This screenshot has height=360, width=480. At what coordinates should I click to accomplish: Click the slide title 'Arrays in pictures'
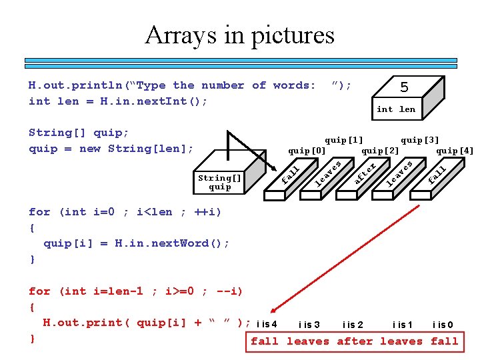[x=239, y=35]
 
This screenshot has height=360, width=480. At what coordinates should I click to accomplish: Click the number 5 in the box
[x=403, y=87]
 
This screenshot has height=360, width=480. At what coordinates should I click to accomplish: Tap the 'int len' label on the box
[x=395, y=109]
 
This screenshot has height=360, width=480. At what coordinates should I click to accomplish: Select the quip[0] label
[x=307, y=151]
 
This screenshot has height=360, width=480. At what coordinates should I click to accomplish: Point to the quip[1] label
[x=344, y=140]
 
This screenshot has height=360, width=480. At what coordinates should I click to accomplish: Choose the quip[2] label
[x=380, y=151]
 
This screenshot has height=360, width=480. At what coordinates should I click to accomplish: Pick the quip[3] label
[x=420, y=140]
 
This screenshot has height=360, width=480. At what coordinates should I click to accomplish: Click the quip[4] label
[x=455, y=151]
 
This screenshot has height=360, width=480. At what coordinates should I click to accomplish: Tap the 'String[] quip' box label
[x=219, y=182]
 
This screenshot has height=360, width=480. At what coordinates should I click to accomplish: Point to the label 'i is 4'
[x=267, y=325]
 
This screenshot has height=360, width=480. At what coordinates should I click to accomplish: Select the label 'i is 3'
[x=309, y=325]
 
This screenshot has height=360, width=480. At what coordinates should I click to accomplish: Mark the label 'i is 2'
[x=353, y=325]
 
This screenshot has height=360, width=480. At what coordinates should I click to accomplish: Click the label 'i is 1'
[x=402, y=325]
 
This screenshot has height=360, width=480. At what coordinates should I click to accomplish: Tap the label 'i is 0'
[x=443, y=325]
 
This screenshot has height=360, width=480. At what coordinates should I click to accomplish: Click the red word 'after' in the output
[x=355, y=341]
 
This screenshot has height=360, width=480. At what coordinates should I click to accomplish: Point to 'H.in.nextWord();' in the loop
[x=172, y=243]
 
